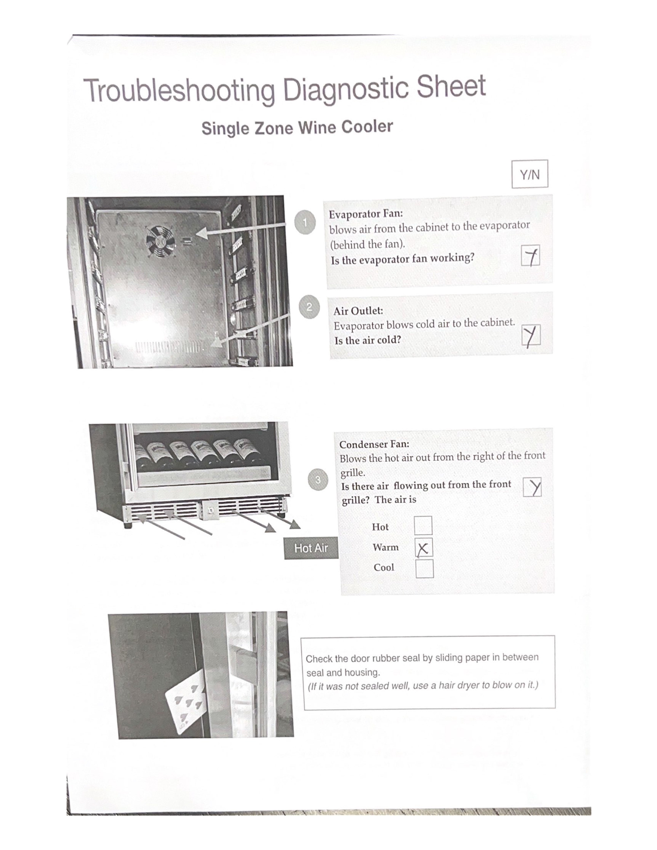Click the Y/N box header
530,174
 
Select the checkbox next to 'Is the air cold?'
531,335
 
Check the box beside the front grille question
532,487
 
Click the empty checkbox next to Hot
423,525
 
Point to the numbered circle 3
318,479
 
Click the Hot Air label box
311,548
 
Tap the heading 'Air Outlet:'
358,311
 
